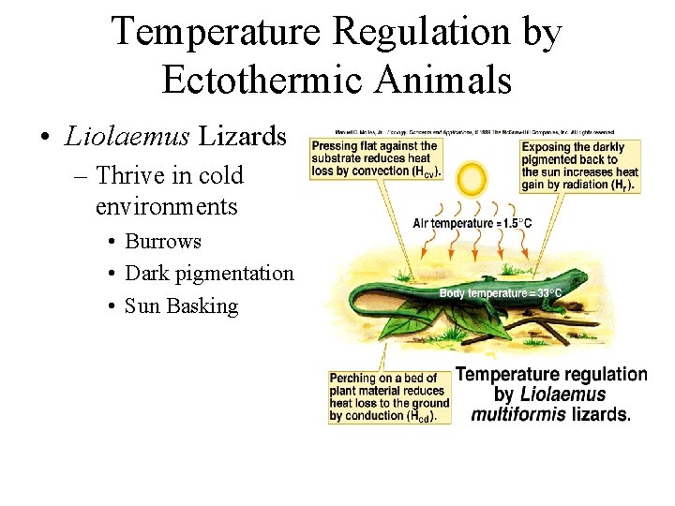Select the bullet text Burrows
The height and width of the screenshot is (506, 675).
point(163,241)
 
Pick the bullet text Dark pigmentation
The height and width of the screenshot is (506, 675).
point(209,273)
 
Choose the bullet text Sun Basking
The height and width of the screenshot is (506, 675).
point(181,305)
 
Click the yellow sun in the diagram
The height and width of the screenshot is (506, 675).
point(472,179)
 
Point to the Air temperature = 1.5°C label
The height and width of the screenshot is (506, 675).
point(473,223)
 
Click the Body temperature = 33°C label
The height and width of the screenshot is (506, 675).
point(501,292)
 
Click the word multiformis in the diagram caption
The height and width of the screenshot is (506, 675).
point(517,413)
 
